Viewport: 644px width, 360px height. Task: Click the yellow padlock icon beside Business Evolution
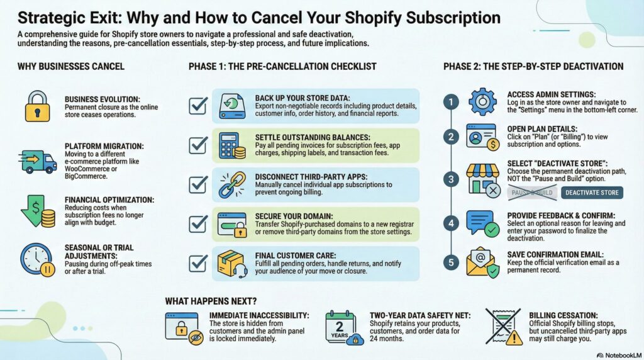(x=36, y=106)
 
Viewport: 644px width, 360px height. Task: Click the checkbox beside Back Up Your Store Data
(x=198, y=105)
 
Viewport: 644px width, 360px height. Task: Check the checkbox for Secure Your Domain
(x=198, y=224)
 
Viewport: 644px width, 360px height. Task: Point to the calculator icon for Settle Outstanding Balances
(x=231, y=145)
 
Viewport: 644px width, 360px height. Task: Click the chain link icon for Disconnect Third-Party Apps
(x=231, y=184)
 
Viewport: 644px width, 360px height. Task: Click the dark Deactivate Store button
(x=591, y=193)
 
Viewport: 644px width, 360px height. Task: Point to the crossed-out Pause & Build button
(x=531, y=193)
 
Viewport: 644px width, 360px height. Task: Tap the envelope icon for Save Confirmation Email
(x=482, y=262)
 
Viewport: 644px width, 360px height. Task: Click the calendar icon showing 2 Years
(x=341, y=328)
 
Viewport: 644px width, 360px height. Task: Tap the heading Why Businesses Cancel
(x=70, y=67)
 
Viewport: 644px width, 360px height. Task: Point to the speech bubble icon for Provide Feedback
(x=482, y=222)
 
